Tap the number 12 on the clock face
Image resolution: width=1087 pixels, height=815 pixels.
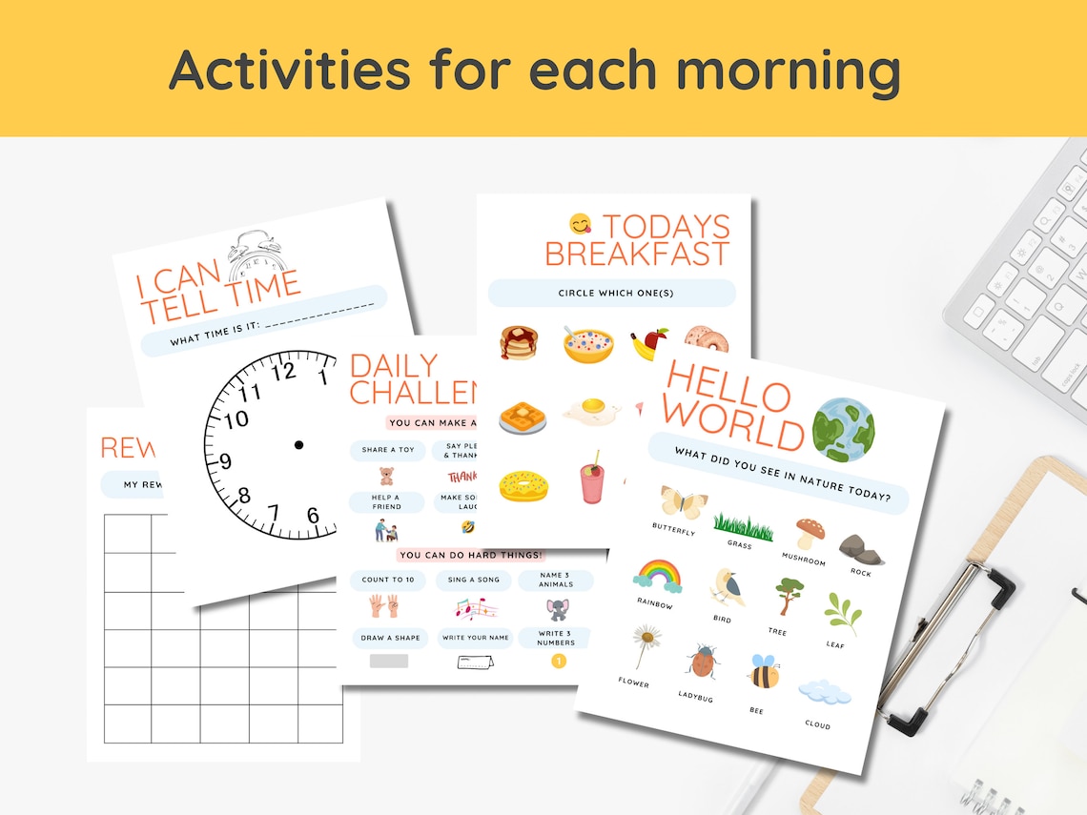point(283,372)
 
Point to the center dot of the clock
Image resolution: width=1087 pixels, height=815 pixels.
point(298,445)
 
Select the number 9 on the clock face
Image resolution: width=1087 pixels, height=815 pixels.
point(225,462)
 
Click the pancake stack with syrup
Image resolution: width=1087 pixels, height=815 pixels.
point(519,342)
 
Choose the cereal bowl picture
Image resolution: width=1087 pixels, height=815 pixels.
point(587,344)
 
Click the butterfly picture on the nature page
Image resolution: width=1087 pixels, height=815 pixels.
point(683,502)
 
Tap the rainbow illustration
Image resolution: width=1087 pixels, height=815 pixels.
point(658,575)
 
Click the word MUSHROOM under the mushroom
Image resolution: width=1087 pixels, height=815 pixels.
point(803,560)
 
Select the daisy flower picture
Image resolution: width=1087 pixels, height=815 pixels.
point(646,643)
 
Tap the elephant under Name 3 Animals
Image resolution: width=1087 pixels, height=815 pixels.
point(558,609)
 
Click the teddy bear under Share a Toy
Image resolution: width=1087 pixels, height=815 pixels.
point(386,475)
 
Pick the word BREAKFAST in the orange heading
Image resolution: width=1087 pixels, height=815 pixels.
point(637,255)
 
